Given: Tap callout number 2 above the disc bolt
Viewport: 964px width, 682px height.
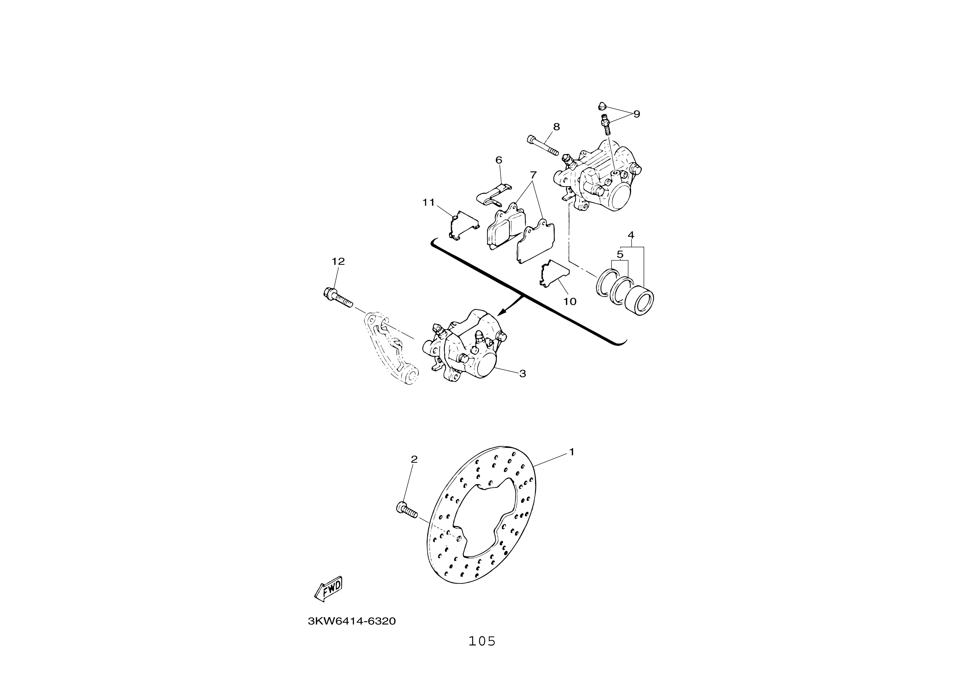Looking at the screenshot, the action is [414, 459].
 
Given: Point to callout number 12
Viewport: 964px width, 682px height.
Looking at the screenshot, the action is [338, 261].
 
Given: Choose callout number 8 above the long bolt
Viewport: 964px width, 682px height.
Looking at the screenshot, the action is [557, 126].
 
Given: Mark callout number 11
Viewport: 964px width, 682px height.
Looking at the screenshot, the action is [429, 202].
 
